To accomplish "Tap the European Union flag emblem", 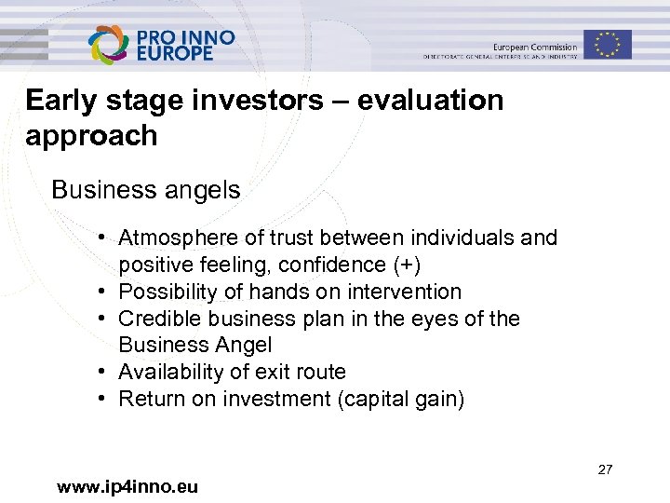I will tap(608, 44).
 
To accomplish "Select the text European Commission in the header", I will tap(535, 47).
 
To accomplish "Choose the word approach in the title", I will tap(91, 136).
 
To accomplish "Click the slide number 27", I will tap(605, 469).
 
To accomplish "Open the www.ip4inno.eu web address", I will tap(127, 486).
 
